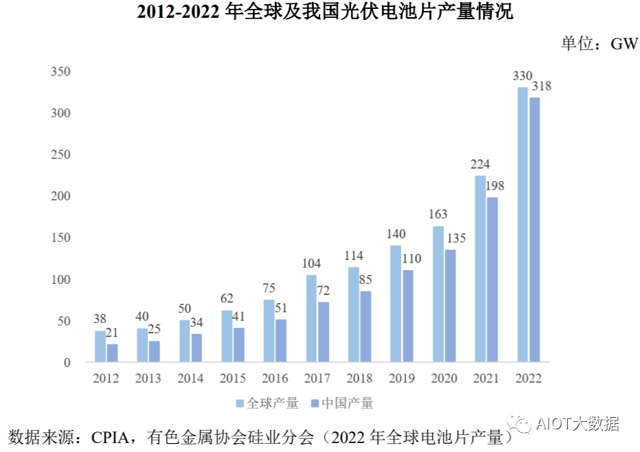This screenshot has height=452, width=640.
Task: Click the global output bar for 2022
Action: coord(523,224)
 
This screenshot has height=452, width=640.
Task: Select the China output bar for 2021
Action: coord(492,280)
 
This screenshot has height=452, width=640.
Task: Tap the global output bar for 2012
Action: coord(100,346)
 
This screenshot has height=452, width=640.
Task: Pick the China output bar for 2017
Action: coord(323,332)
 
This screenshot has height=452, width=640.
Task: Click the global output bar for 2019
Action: coord(396,304)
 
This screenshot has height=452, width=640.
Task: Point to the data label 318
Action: coord(540,86)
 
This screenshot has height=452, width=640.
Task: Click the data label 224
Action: coord(481,165)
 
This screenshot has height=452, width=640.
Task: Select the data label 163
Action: coord(438,215)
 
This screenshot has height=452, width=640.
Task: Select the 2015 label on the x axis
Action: coord(233,379)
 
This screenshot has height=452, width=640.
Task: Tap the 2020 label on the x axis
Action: coord(444,379)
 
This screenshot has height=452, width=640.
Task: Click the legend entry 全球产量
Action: coord(267,403)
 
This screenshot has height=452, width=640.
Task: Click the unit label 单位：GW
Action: coord(599,45)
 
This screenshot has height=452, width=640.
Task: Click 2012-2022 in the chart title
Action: coord(179,13)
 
